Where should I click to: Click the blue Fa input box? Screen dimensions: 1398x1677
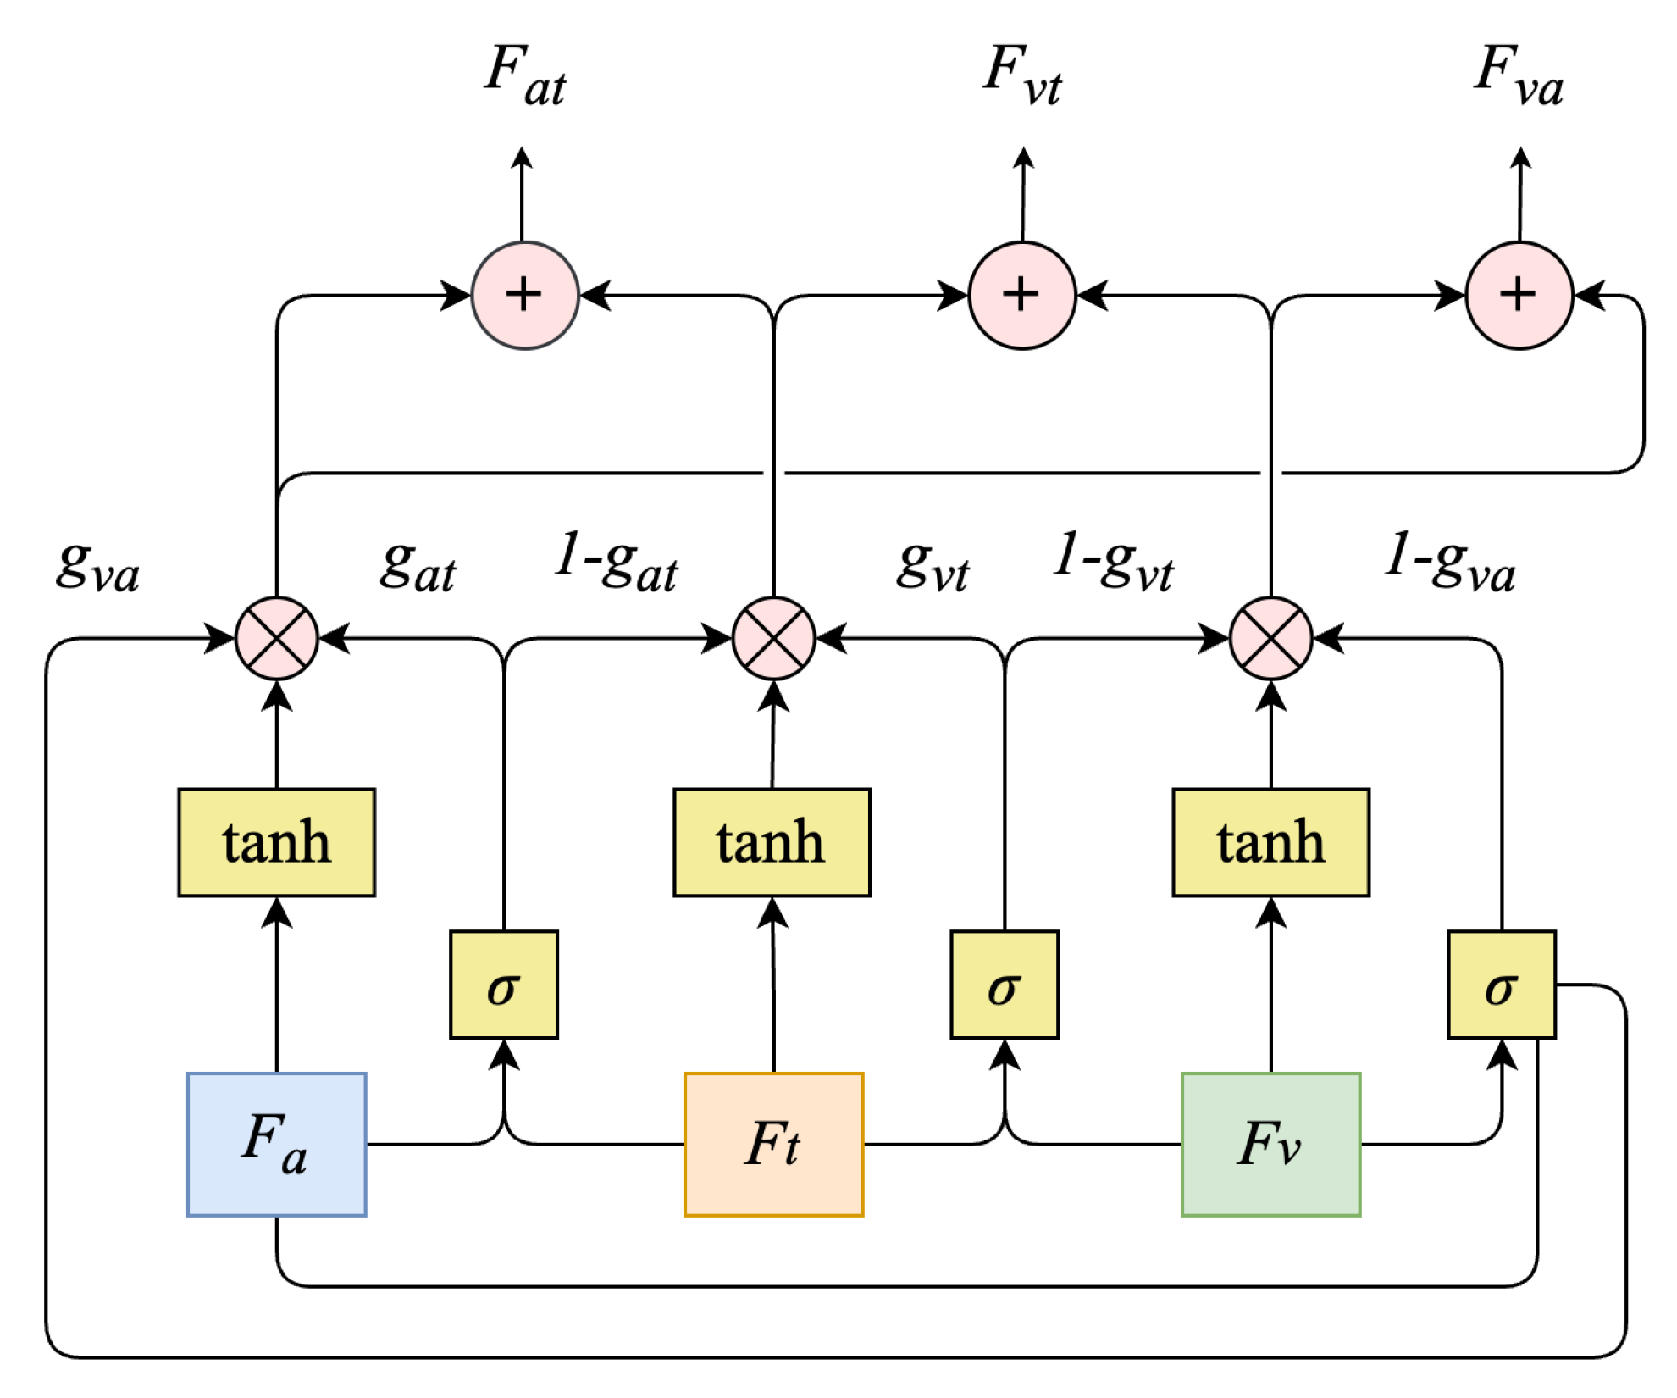pyautogui.click(x=276, y=1144)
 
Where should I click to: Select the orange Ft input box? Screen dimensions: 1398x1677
pyautogui.click(x=773, y=1144)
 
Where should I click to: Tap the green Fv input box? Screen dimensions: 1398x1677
pyautogui.click(x=1270, y=1144)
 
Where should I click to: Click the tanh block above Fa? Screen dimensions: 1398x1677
pyautogui.click(x=276, y=842)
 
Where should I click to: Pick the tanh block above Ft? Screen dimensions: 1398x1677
pyautogui.click(x=772, y=842)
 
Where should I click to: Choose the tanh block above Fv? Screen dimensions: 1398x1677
pyautogui.click(x=1270, y=842)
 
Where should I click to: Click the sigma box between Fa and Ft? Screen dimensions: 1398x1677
pyautogui.click(x=503, y=985)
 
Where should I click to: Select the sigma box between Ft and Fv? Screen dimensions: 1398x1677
pyautogui.click(x=1004, y=985)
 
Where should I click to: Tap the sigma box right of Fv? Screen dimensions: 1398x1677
pyautogui.click(x=1501, y=985)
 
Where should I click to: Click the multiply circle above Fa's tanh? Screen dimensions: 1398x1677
pyautogui.click(x=276, y=638)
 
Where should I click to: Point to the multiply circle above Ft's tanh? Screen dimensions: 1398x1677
pyautogui.click(x=773, y=638)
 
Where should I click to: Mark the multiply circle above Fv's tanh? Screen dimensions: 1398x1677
pyautogui.click(x=1270, y=638)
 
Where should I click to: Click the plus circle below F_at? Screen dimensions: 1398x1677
pyautogui.click(x=524, y=295)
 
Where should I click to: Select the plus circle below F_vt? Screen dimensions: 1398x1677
pyautogui.click(x=1021, y=295)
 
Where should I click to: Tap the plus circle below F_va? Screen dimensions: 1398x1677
pyautogui.click(x=1519, y=295)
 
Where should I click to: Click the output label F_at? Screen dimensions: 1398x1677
pyautogui.click(x=525, y=76)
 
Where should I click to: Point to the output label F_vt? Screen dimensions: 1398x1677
pyautogui.click(x=1022, y=76)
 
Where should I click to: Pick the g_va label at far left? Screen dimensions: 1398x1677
pyautogui.click(x=97, y=566)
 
